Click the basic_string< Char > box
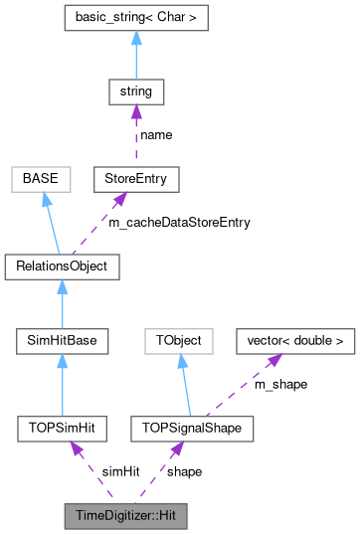point(135,18)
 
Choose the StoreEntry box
point(135,180)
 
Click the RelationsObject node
point(62,267)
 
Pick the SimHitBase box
point(62,341)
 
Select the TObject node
point(179,341)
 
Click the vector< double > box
point(294,341)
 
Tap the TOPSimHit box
point(62,428)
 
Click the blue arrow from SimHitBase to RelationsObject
point(62,304)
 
